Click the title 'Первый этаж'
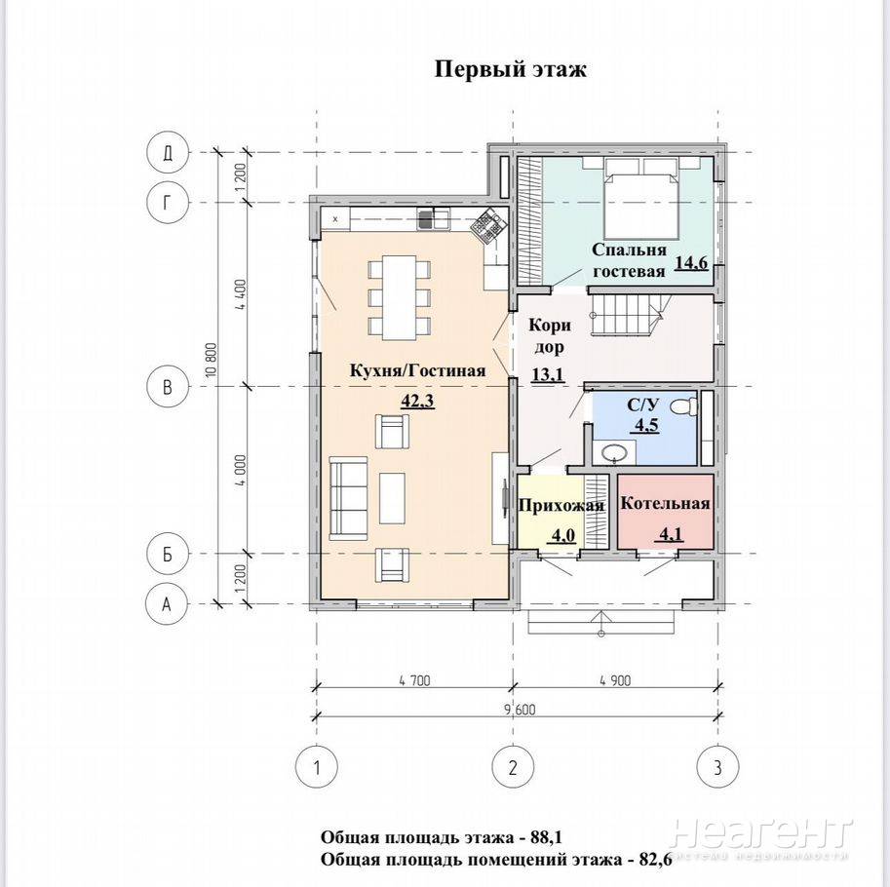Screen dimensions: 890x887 [510, 70]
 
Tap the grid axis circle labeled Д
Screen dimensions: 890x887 [168, 153]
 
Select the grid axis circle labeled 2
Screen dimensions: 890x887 [513, 768]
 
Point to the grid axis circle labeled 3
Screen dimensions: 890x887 [717, 768]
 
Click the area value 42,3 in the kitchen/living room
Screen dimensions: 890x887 [417, 402]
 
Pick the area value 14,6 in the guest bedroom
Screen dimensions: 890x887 [691, 263]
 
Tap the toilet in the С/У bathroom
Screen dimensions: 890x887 [684, 405]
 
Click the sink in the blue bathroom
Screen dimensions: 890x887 [614, 453]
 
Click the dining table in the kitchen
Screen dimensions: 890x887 [400, 298]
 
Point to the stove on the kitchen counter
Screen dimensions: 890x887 [487, 226]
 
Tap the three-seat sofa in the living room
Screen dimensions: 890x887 [349, 498]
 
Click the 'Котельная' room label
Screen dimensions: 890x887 [665, 504]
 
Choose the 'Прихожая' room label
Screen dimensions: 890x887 [561, 505]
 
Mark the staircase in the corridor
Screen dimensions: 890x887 [628, 316]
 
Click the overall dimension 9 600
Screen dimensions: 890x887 [519, 709]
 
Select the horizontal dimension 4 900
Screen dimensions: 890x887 [615, 679]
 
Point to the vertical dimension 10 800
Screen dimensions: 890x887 [212, 360]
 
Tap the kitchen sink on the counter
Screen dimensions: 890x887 [434, 219]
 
